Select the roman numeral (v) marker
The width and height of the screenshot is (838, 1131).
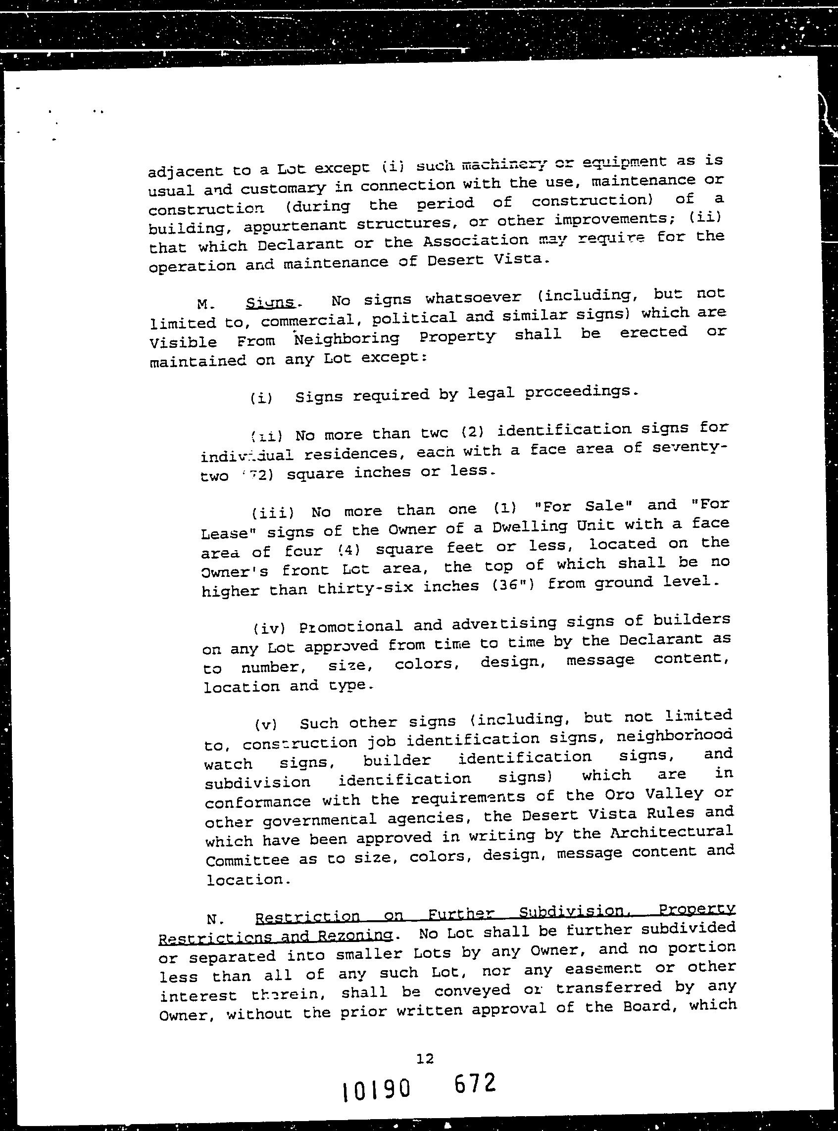266,725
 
